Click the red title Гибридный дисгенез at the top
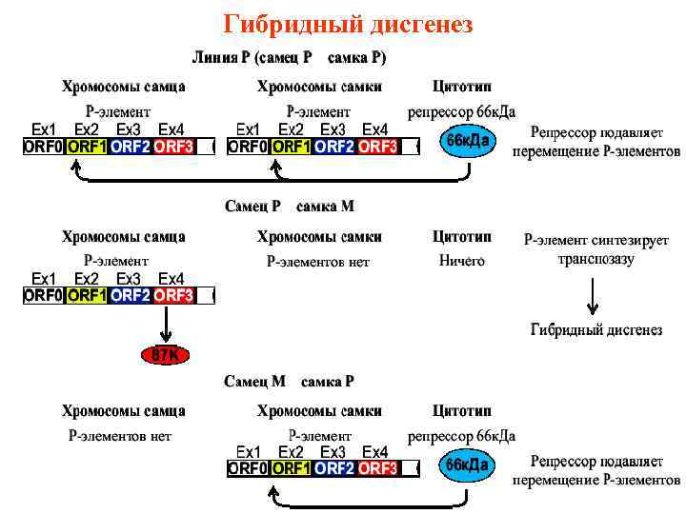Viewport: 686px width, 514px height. (x=347, y=23)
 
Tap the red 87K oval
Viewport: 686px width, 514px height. (x=167, y=354)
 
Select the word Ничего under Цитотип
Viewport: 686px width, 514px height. (x=461, y=261)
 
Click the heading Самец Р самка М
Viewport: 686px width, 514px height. (x=289, y=206)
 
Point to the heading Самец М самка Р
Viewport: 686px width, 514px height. (x=289, y=382)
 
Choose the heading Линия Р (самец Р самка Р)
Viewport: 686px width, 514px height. (x=290, y=57)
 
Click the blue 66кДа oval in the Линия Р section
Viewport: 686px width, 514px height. (x=468, y=143)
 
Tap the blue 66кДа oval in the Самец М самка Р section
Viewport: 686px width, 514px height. (x=468, y=465)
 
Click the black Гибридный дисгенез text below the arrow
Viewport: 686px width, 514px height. (x=595, y=330)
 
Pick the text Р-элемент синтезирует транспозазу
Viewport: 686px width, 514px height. (x=596, y=249)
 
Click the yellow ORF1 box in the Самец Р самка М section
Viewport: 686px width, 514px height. (x=88, y=296)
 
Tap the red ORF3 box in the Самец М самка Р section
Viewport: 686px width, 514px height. (x=378, y=468)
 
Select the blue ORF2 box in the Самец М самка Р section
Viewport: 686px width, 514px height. (x=334, y=468)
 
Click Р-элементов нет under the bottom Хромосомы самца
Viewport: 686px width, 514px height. (x=119, y=436)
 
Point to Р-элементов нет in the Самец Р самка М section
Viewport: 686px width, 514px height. (x=318, y=262)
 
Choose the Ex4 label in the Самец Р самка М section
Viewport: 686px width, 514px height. (x=171, y=279)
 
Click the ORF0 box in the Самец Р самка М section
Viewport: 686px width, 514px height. (x=44, y=296)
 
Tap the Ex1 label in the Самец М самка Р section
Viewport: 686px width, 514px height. (x=248, y=451)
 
